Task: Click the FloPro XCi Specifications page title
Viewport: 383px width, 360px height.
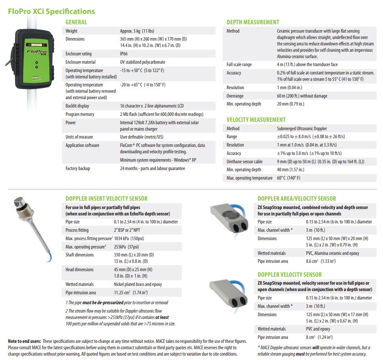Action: (51, 11)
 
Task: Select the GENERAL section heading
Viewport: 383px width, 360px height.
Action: (76, 22)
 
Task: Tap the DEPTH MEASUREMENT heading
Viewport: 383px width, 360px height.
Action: (253, 22)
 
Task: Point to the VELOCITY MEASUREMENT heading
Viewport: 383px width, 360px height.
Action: (256, 119)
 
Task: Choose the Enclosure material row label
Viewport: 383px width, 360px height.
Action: (81, 62)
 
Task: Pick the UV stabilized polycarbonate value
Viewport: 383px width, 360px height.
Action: (142, 62)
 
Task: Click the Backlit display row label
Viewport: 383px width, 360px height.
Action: (77, 106)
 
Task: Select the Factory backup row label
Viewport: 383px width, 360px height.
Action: (78, 168)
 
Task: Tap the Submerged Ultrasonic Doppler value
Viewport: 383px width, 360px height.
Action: (302, 129)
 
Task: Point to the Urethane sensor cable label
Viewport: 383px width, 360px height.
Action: (245, 161)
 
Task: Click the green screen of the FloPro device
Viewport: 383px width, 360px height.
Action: (35, 51)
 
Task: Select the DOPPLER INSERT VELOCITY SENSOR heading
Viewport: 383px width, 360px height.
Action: (106, 199)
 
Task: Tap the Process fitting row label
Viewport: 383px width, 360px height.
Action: (77, 230)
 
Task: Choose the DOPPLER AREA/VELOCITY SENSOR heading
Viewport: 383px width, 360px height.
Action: (297, 199)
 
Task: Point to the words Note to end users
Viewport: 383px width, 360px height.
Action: (24, 341)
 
